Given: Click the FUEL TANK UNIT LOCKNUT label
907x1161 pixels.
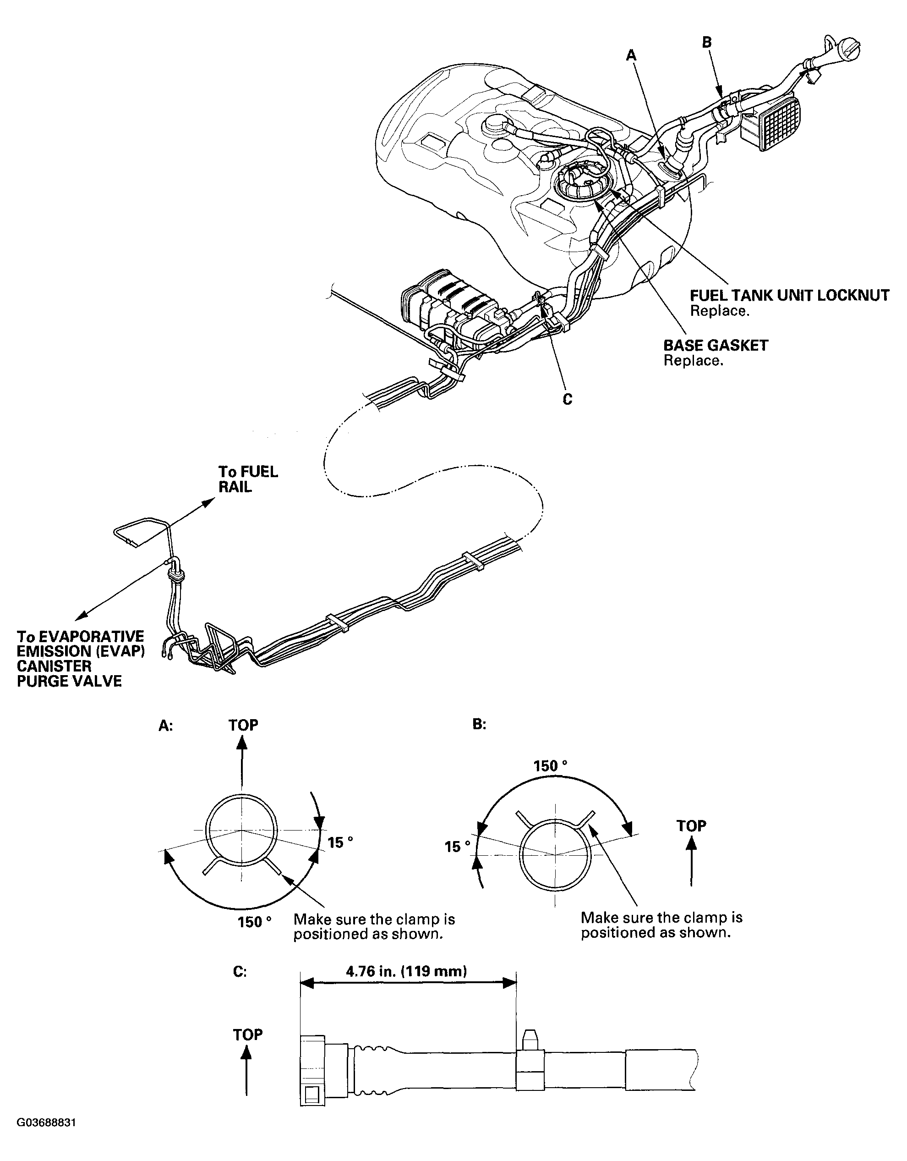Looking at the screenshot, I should [x=788, y=296].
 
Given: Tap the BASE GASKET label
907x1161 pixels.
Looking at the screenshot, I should [x=715, y=346].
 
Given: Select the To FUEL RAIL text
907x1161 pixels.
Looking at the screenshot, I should [x=248, y=479].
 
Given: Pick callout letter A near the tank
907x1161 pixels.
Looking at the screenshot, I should [x=631, y=55].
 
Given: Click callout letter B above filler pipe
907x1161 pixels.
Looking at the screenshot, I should [x=707, y=42].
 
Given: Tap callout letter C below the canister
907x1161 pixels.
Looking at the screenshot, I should [x=567, y=399].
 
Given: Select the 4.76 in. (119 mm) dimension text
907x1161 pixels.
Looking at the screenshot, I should [x=406, y=972].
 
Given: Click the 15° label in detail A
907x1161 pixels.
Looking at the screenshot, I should [x=339, y=842].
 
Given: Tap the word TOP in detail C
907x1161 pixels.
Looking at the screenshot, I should [x=248, y=1034].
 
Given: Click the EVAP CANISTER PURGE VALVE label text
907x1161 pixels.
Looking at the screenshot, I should [x=80, y=659].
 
